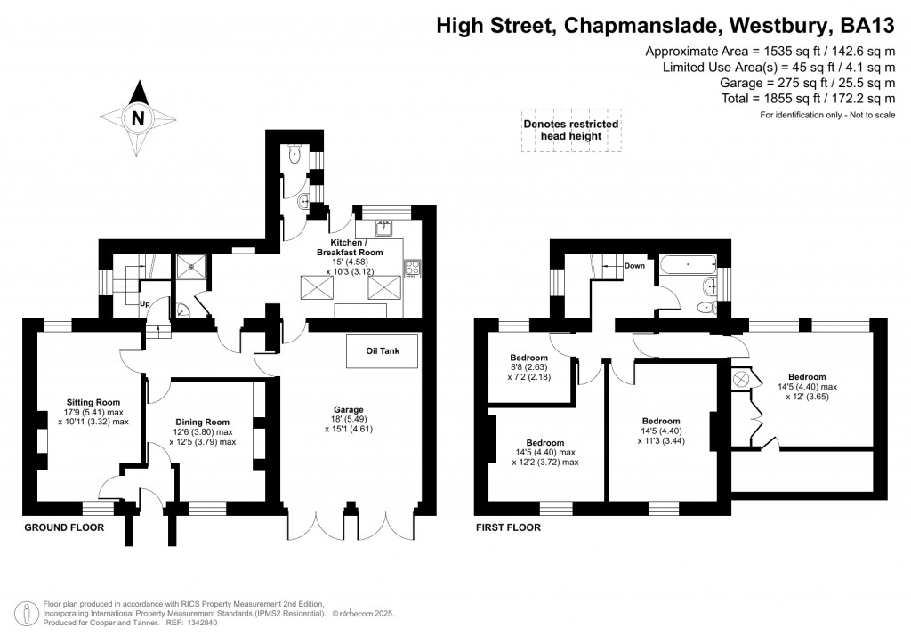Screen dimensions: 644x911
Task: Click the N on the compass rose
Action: tap(137, 117)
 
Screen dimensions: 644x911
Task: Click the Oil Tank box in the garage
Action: tap(383, 351)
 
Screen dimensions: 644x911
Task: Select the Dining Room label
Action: tap(203, 423)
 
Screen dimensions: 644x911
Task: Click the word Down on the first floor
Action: tap(634, 265)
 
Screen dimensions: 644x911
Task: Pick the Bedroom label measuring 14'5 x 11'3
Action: tap(661, 422)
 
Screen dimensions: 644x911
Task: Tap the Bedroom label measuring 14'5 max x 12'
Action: tap(807, 377)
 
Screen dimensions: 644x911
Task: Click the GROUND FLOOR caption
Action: tap(63, 527)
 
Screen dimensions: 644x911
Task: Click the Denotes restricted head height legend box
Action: tap(569, 130)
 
